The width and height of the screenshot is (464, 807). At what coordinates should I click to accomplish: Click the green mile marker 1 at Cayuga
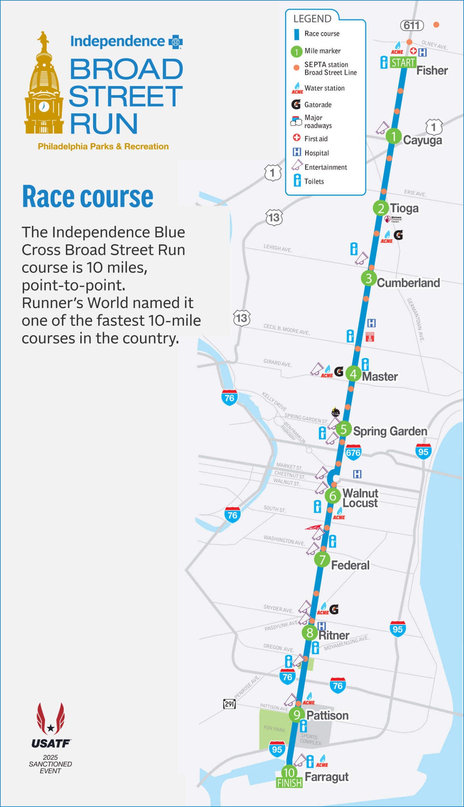tap(393, 136)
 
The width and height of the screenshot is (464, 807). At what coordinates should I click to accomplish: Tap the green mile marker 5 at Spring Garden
tap(344, 429)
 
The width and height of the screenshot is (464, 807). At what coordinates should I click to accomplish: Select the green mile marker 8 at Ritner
tap(310, 633)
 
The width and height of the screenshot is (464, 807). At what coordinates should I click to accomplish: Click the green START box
tap(403, 62)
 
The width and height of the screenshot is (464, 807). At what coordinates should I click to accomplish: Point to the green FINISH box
tap(289, 783)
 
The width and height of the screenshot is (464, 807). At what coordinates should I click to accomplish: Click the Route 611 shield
tap(412, 25)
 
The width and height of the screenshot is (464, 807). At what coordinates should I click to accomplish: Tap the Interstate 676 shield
tap(353, 452)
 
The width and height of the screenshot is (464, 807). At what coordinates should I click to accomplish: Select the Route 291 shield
tap(229, 704)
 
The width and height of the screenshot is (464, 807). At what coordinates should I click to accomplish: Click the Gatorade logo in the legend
tap(296, 104)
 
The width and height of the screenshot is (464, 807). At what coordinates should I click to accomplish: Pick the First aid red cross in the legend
tap(297, 138)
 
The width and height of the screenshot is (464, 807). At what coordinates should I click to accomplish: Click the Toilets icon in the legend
tap(297, 181)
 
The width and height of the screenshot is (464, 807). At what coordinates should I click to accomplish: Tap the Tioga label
tap(404, 208)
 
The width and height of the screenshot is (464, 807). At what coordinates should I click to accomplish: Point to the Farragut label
tap(326, 777)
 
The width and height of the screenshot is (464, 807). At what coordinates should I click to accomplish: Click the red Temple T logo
tap(370, 337)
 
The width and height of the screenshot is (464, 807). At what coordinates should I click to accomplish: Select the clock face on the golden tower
tap(44, 106)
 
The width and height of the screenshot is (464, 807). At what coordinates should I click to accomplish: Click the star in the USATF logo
tap(51, 728)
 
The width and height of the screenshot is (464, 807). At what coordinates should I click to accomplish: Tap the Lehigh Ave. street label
tap(277, 248)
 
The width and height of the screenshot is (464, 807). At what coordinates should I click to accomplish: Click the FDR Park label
tap(274, 729)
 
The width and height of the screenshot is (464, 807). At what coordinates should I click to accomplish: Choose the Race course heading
tap(88, 197)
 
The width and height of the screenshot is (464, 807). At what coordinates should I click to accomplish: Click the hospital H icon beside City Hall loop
tap(357, 474)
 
